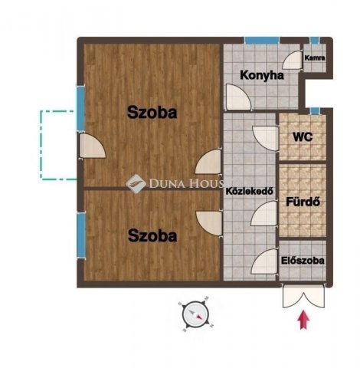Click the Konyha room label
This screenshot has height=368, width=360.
pos(262,75)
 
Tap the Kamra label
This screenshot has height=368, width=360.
pos(315,58)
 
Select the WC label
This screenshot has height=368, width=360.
pos(303,137)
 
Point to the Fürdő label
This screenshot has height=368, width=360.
pos(303,202)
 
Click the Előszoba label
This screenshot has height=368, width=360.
pos(303,261)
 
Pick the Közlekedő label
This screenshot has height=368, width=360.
pos(250,191)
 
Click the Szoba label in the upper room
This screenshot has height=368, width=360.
pos(152,113)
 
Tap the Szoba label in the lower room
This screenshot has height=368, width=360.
pos(152,235)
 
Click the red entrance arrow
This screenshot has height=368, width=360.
pos(304,320)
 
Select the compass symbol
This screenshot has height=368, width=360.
pos(196,314)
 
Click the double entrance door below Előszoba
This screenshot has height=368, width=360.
pos(303,295)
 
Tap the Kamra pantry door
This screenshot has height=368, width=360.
pos(293,60)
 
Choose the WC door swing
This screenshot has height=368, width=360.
pos(265,138)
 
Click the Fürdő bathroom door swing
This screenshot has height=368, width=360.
pos(264,214)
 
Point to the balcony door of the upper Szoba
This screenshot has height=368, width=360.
pos(92,146)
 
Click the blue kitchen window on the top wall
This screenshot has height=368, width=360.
pos(261,41)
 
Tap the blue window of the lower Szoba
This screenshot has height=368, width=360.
pos(81,235)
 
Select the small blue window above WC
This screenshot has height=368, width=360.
pos(315,111)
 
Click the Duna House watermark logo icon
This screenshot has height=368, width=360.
pos(136,182)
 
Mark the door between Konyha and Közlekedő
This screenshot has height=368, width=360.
pos(237,97)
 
